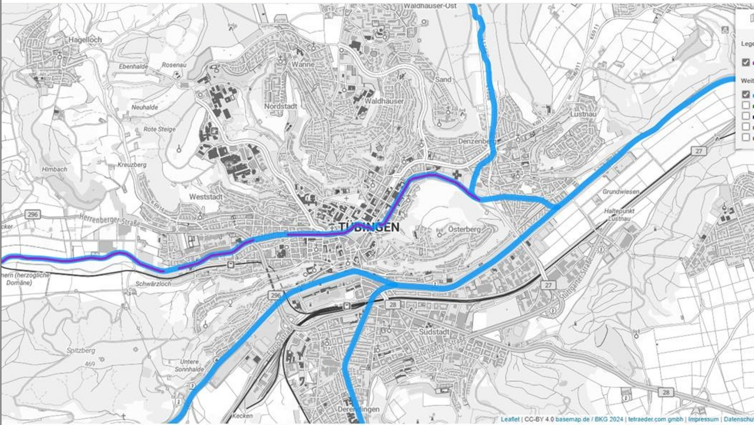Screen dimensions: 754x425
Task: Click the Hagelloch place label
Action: click(x=85, y=39)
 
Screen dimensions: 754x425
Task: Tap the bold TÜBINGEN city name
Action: click(x=369, y=228)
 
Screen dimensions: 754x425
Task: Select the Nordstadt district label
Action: click(x=282, y=106)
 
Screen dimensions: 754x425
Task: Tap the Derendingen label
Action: click(x=359, y=409)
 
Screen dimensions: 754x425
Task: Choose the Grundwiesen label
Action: click(x=621, y=192)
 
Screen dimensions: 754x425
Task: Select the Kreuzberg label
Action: click(x=132, y=164)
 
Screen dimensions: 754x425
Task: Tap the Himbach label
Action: click(x=54, y=169)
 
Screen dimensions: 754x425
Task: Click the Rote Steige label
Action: click(x=159, y=129)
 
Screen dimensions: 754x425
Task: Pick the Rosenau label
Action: click(x=174, y=65)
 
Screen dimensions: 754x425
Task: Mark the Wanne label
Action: click(x=303, y=64)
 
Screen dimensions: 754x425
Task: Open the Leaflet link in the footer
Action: click(x=510, y=419)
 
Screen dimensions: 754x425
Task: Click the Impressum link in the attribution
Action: click(x=704, y=419)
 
